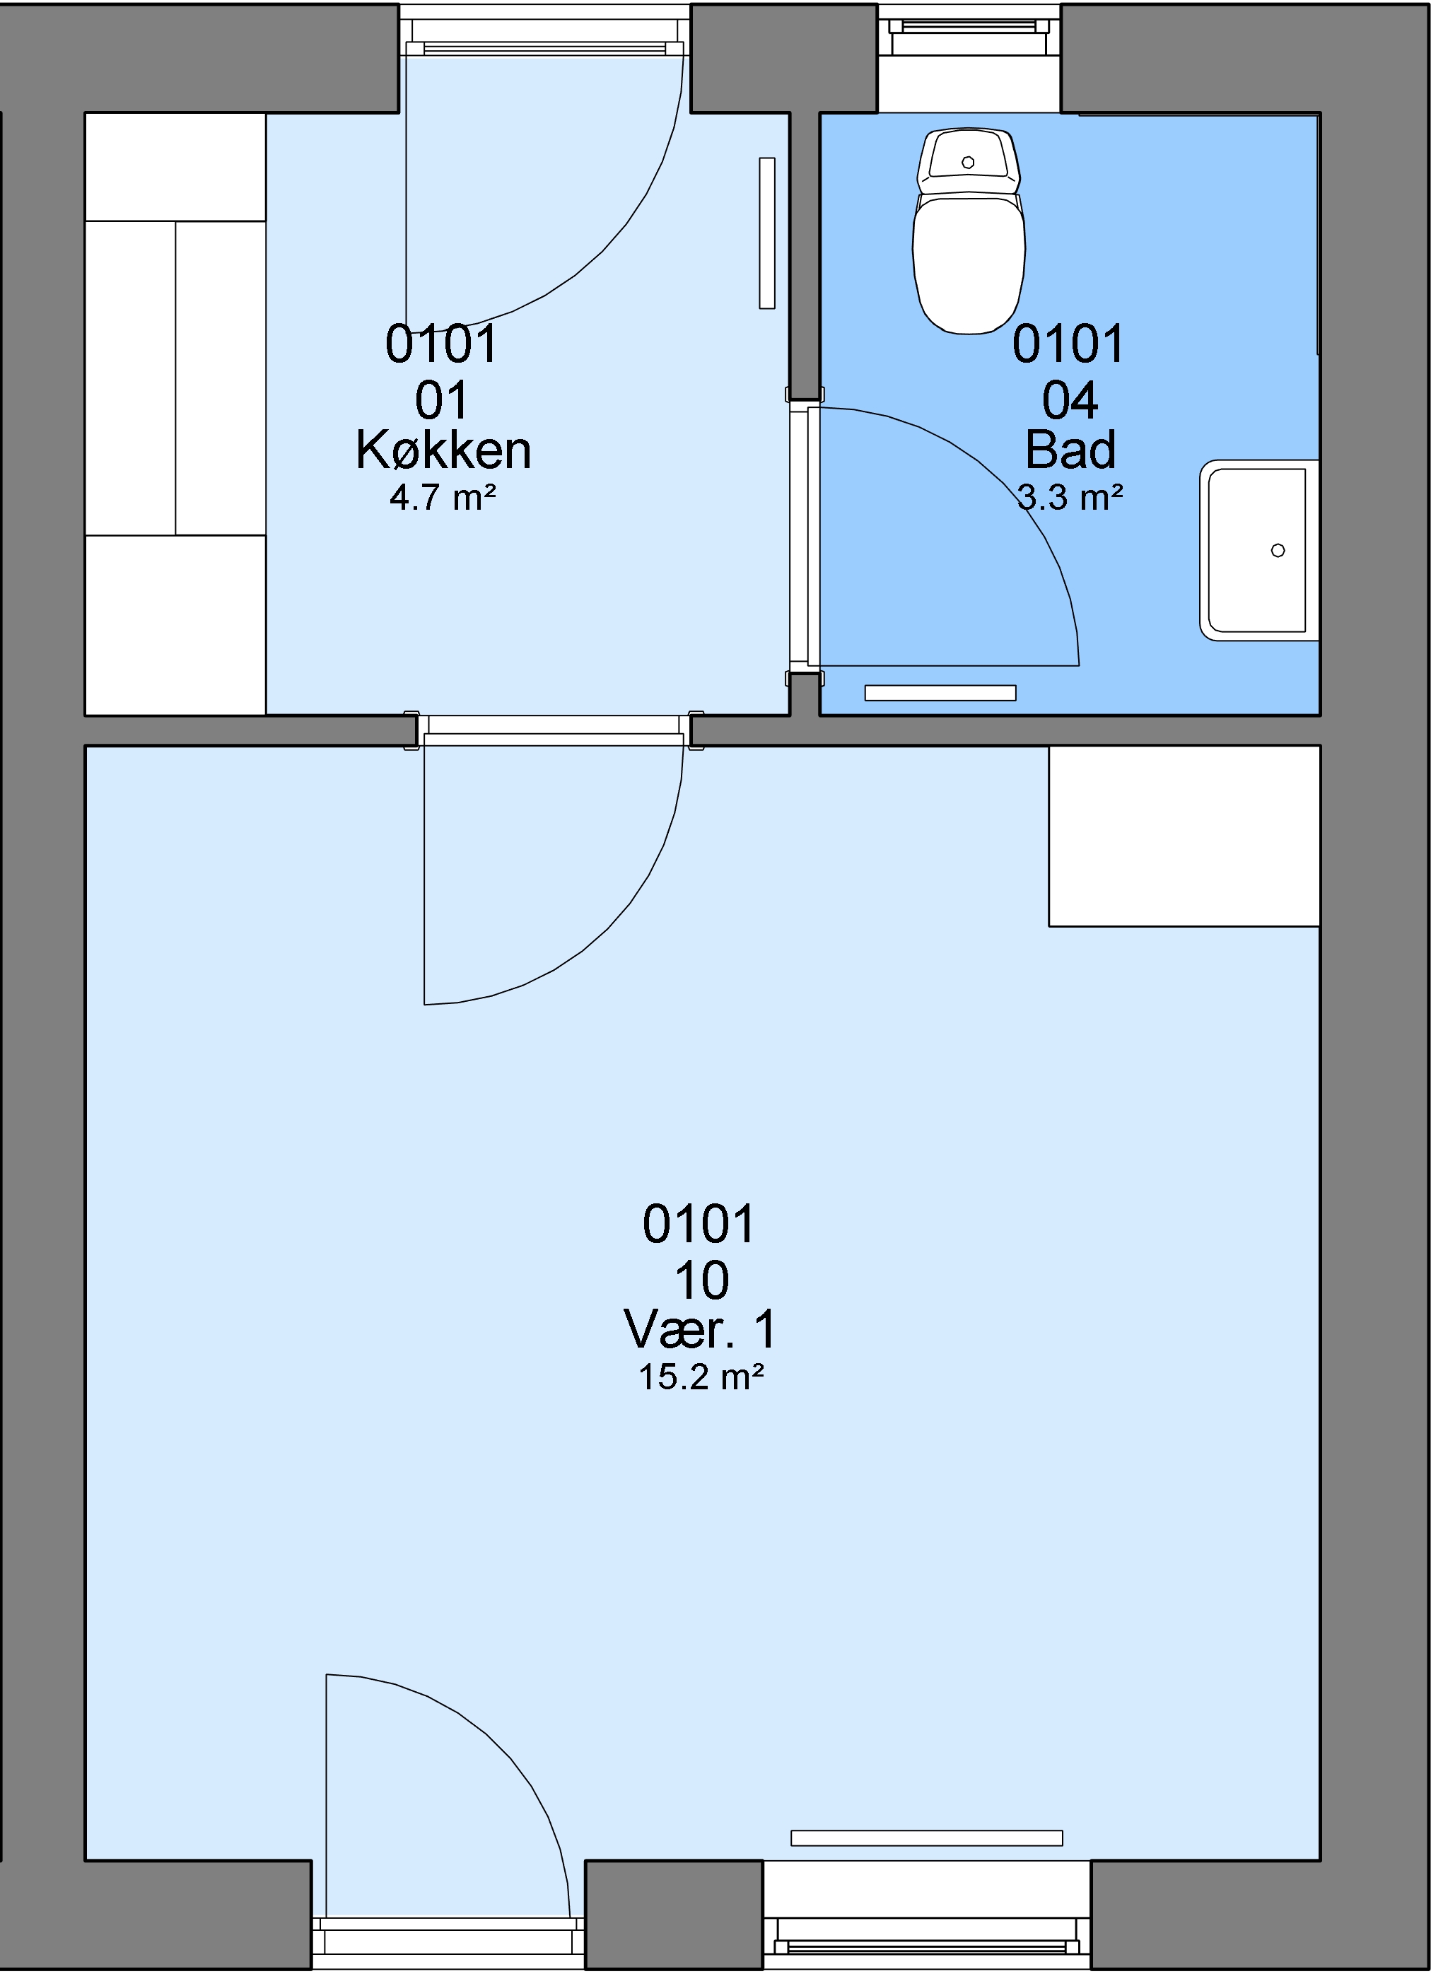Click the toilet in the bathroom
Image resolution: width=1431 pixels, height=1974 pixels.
pos(968,231)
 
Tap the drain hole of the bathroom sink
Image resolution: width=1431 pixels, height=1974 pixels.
pos(1278,550)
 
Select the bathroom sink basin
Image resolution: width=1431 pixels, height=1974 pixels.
pos(1259,550)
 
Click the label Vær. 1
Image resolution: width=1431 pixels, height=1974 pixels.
pos(700,1329)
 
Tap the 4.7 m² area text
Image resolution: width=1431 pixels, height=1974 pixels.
pos(443,497)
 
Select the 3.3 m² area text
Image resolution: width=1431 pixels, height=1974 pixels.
pos(1070,497)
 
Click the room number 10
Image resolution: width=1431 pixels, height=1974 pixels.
pos(701,1280)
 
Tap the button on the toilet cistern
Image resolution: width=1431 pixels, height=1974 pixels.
pos(968,163)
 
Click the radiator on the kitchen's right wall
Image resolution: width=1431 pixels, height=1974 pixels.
pos(767,233)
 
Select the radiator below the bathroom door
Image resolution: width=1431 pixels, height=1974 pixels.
pos(940,693)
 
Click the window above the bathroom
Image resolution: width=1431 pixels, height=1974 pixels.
pos(969,30)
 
